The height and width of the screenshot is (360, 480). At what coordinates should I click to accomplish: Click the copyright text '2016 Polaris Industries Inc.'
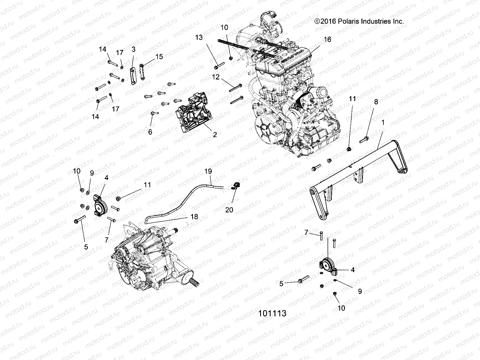point(359,21)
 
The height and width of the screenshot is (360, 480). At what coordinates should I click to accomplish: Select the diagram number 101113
point(272,313)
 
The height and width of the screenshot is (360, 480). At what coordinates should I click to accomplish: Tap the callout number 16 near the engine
point(327,39)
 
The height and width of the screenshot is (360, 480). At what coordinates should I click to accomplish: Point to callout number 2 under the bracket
point(215,135)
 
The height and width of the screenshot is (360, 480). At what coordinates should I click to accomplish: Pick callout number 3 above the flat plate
point(133,49)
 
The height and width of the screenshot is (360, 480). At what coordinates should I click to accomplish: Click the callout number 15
point(159,56)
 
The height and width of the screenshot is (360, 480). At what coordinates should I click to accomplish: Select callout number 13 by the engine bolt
point(199,37)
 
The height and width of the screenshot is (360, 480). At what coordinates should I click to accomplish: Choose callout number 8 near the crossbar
point(376,102)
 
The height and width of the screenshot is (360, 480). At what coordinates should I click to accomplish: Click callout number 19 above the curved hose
point(208,171)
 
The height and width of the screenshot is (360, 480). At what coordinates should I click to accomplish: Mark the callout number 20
point(229,210)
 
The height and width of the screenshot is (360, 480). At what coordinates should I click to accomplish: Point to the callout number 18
point(194,217)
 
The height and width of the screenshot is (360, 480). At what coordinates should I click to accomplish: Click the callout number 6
point(150,132)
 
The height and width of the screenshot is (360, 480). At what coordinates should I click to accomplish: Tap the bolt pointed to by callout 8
point(364,139)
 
